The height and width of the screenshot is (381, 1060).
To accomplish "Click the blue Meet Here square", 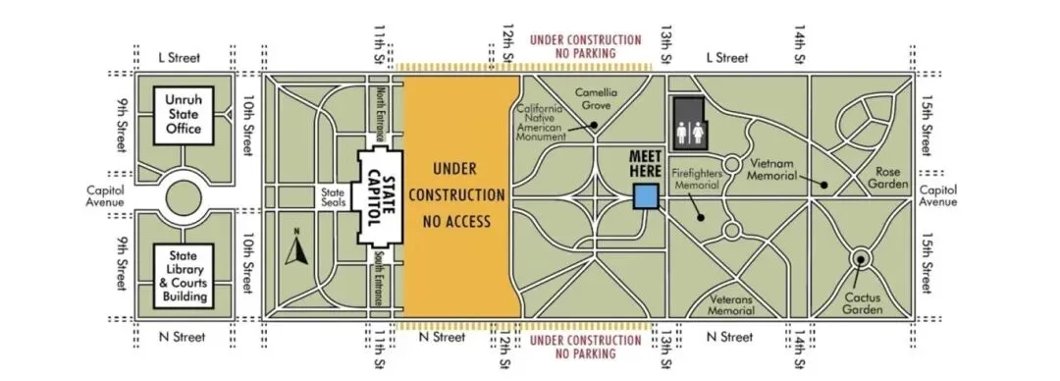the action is [645, 197].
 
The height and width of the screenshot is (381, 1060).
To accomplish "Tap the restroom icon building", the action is [689, 123].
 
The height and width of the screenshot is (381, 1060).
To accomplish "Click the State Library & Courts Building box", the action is [184, 276].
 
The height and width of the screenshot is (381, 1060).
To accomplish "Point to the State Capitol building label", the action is [380, 197].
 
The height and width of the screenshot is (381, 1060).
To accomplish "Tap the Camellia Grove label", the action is [593, 99].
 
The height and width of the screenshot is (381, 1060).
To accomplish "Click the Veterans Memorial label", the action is [731, 305].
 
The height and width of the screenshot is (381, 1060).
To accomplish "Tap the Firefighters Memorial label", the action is [696, 179].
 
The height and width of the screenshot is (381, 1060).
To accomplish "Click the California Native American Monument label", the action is [541, 123].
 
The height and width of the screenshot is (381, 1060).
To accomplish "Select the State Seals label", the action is [334, 197].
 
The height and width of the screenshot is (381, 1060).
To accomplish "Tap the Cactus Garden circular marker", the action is [861, 258].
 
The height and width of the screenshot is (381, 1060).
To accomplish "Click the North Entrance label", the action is [381, 113].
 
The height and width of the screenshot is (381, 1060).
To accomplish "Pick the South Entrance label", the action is [380, 278].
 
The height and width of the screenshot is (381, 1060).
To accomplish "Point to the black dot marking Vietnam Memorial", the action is [823, 184].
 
